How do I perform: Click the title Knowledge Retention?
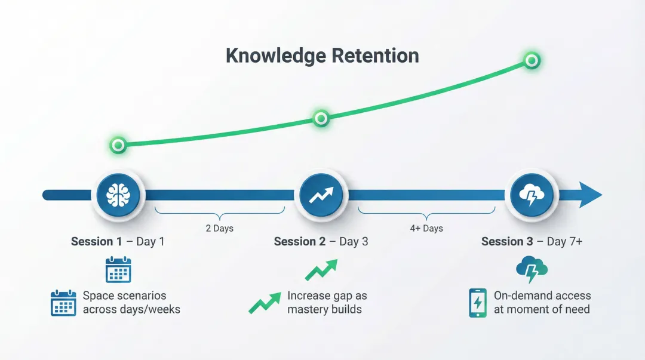point(322,56)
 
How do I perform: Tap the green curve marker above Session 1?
point(118,145)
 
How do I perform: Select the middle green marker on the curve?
point(321,118)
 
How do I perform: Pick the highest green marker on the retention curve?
point(531,60)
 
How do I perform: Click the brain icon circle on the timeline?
point(118,195)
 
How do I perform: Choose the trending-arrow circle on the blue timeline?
point(321,195)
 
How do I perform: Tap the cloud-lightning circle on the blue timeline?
point(531,195)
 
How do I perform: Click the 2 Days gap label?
point(219,228)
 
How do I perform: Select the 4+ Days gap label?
point(426,228)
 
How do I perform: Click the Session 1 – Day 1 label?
point(118,242)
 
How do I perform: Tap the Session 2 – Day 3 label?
point(321,242)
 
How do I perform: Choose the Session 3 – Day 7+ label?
point(532,242)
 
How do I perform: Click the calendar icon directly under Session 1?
point(118,269)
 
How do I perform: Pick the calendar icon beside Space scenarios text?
point(63,303)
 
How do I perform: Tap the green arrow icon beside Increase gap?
point(265,303)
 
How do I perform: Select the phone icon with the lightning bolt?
point(478,303)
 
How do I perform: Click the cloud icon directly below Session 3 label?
point(532,269)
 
